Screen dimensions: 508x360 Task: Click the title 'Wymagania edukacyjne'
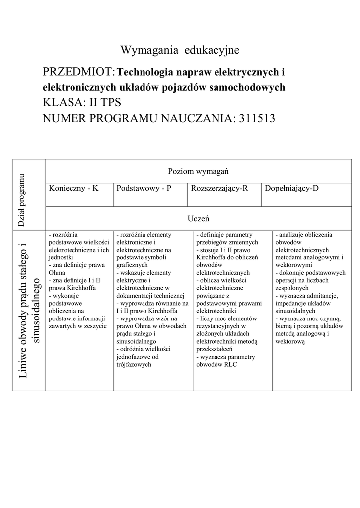tap(180, 50)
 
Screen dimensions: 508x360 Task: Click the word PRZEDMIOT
tap(78, 73)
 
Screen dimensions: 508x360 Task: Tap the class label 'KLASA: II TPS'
tap(82, 103)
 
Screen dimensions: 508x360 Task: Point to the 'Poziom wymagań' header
tap(198, 171)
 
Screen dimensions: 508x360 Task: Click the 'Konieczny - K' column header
tap(73, 189)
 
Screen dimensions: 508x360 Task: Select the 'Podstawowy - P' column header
tap(144, 189)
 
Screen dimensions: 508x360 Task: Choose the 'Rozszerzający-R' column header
tap(219, 189)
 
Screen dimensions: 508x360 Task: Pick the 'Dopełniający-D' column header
tap(291, 189)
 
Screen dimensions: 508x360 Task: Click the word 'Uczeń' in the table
tap(198, 218)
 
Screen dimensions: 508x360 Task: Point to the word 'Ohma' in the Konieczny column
tap(57, 272)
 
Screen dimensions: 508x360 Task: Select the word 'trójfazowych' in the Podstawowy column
tap(133, 364)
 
